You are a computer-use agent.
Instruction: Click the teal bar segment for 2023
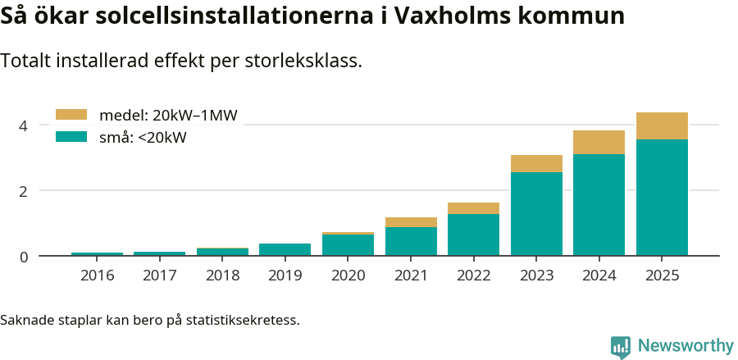[536, 213]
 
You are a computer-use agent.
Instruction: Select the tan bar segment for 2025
[662, 126]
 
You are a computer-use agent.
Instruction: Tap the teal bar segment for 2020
[348, 244]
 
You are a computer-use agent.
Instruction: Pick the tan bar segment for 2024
[599, 143]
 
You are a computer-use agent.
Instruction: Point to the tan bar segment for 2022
[473, 208]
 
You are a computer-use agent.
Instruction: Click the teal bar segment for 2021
[411, 241]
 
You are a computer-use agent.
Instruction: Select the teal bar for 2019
[285, 249]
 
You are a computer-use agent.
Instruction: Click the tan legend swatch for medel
[71, 115]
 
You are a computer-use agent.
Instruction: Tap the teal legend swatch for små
[71, 137]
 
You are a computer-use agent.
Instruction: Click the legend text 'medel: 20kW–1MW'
[168, 116]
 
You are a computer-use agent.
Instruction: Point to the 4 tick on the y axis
[24, 125]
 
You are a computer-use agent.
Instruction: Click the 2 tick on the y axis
[24, 190]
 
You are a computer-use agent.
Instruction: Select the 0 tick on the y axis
[24, 256]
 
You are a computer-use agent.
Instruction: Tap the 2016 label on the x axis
[97, 275]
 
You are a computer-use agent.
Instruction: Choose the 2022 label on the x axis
[473, 275]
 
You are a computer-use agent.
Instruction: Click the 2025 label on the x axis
[662, 275]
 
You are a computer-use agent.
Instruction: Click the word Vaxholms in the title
[458, 16]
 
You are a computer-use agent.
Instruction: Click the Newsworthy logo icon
[621, 346]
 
